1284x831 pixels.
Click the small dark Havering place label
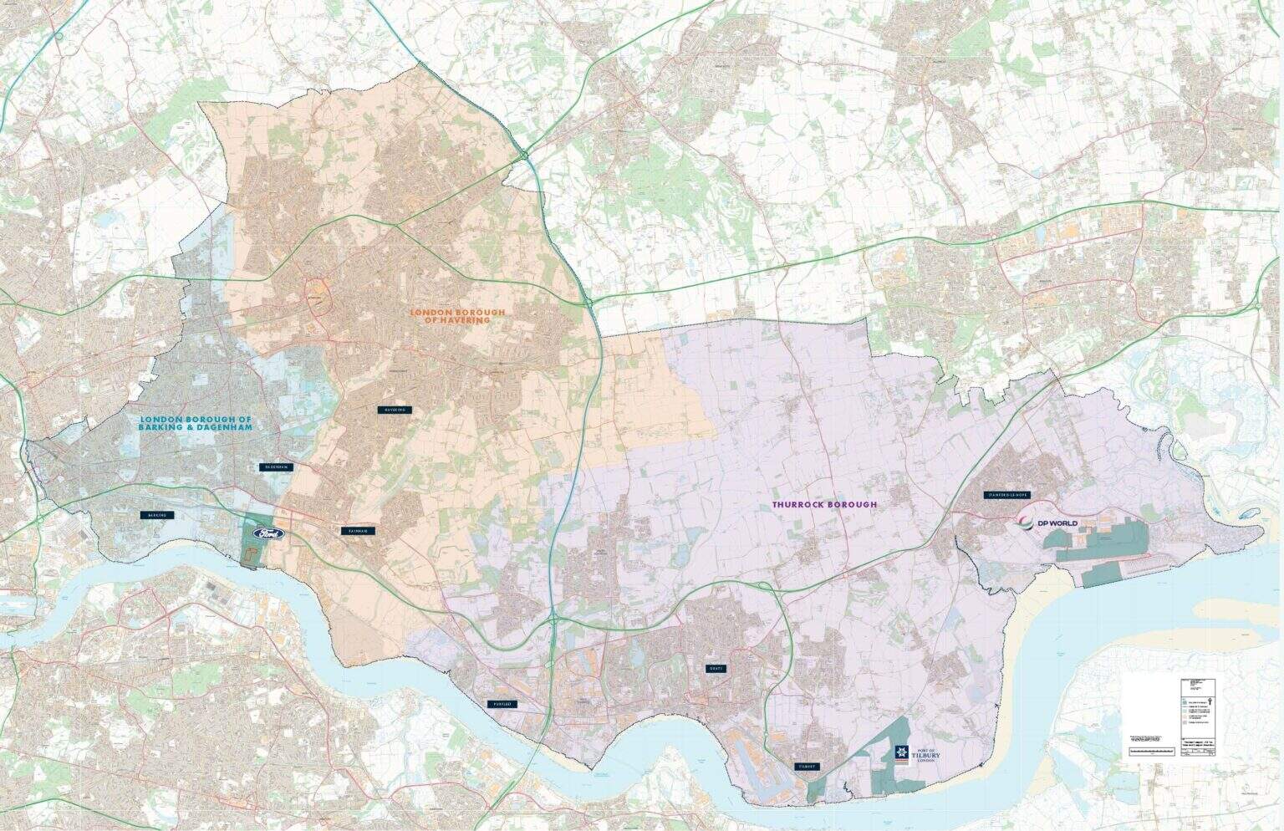point(395,410)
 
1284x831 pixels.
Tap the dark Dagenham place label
point(275,466)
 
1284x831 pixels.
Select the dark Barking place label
point(157,515)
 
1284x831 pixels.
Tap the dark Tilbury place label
point(808,766)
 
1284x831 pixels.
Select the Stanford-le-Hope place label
point(1007,495)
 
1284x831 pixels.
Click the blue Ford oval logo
point(265,533)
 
